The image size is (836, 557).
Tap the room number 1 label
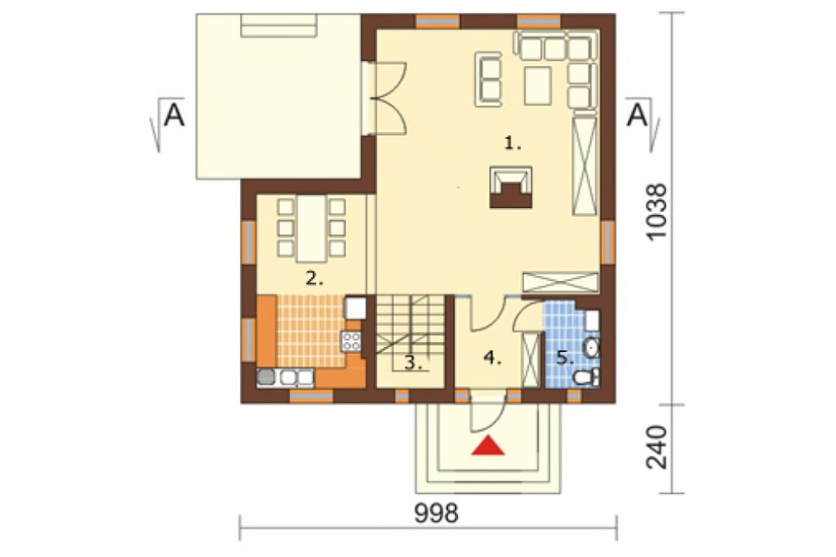click(x=512, y=143)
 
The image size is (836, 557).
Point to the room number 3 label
click(x=413, y=363)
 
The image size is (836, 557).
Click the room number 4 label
click(x=492, y=357)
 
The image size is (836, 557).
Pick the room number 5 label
click(x=565, y=357)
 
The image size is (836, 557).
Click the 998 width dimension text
click(x=436, y=514)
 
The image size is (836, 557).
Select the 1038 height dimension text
click(x=656, y=212)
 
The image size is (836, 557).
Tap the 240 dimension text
click(x=656, y=447)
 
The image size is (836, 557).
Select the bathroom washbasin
click(x=592, y=349)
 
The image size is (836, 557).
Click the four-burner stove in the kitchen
click(x=351, y=341)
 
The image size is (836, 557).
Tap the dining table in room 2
click(x=311, y=228)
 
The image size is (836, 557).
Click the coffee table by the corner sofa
click(x=538, y=85)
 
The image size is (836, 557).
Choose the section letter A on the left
click(x=174, y=115)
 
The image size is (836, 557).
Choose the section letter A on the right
click(x=637, y=115)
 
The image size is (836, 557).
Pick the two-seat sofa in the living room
click(x=488, y=79)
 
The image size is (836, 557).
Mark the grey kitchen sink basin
click(x=266, y=377)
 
